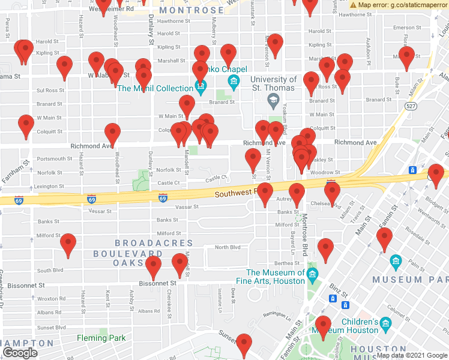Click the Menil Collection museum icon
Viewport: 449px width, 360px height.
click(x=201, y=88)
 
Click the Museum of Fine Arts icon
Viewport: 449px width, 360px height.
click(x=312, y=275)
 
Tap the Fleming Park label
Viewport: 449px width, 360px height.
click(x=101, y=338)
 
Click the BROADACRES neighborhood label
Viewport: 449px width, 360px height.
click(x=154, y=244)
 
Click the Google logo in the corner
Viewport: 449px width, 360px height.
click(x=19, y=353)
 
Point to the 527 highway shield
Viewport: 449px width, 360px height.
click(x=411, y=106)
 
